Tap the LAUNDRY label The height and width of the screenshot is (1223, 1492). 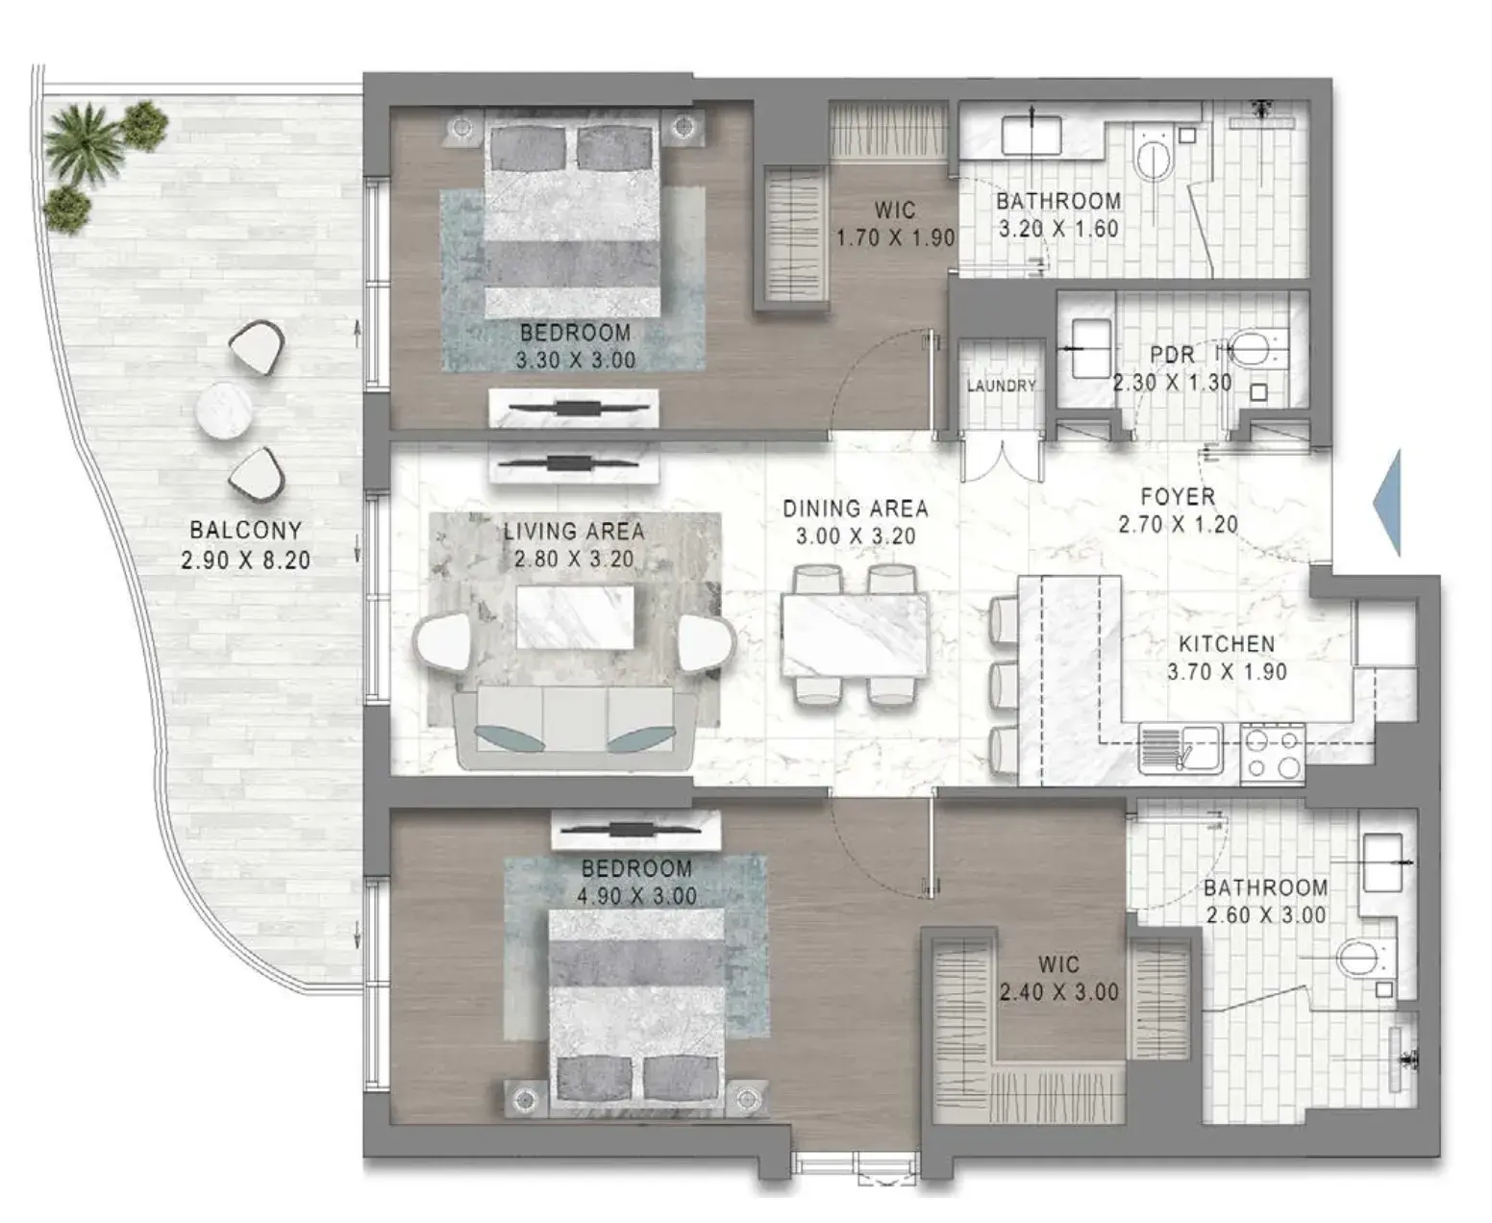click(1001, 386)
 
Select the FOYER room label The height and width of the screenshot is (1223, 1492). click(1178, 497)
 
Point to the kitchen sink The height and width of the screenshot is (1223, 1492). click(1181, 748)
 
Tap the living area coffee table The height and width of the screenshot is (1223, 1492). click(575, 616)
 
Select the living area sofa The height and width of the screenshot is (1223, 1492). click(574, 728)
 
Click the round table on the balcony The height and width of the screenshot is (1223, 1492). click(224, 411)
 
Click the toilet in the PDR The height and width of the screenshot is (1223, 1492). click(1256, 348)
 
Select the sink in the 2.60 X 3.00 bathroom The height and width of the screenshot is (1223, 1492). click(1382, 862)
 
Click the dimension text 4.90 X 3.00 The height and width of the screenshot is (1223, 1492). click(636, 896)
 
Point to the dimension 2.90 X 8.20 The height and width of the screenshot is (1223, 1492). click(245, 560)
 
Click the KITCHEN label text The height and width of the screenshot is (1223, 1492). click(1227, 644)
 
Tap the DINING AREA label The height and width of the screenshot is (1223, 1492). click(856, 509)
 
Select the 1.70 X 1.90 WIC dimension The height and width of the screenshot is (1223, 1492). click(896, 237)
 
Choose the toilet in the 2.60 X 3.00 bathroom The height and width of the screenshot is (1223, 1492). click(1359, 958)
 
